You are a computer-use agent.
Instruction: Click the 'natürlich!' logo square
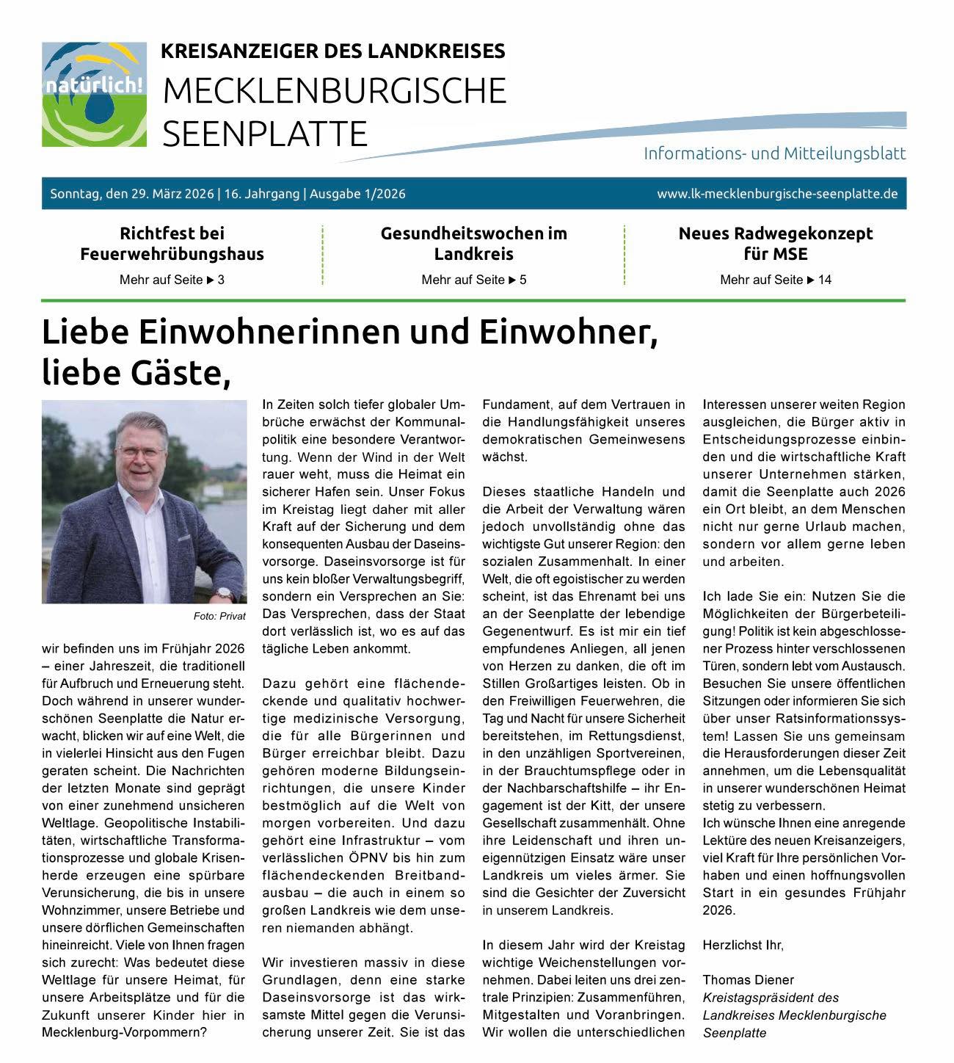click(94, 94)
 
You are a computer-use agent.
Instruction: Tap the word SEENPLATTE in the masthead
click(264, 134)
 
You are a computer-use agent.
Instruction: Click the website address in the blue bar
click(777, 194)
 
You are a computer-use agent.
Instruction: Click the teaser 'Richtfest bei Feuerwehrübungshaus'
click(172, 244)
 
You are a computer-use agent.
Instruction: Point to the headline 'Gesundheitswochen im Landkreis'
click(473, 244)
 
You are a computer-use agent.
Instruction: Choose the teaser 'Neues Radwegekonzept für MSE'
click(776, 244)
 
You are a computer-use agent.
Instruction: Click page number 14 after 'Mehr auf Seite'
click(824, 280)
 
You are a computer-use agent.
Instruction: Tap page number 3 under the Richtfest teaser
click(221, 280)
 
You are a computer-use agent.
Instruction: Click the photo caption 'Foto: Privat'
click(219, 617)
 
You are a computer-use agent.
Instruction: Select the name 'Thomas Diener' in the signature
click(748, 980)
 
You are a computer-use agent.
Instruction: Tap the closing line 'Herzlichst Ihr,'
click(743, 945)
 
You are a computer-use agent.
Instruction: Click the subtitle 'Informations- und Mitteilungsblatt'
click(774, 153)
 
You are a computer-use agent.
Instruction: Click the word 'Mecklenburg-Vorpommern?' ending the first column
click(124, 1033)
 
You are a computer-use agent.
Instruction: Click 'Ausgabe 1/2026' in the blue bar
click(357, 194)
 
